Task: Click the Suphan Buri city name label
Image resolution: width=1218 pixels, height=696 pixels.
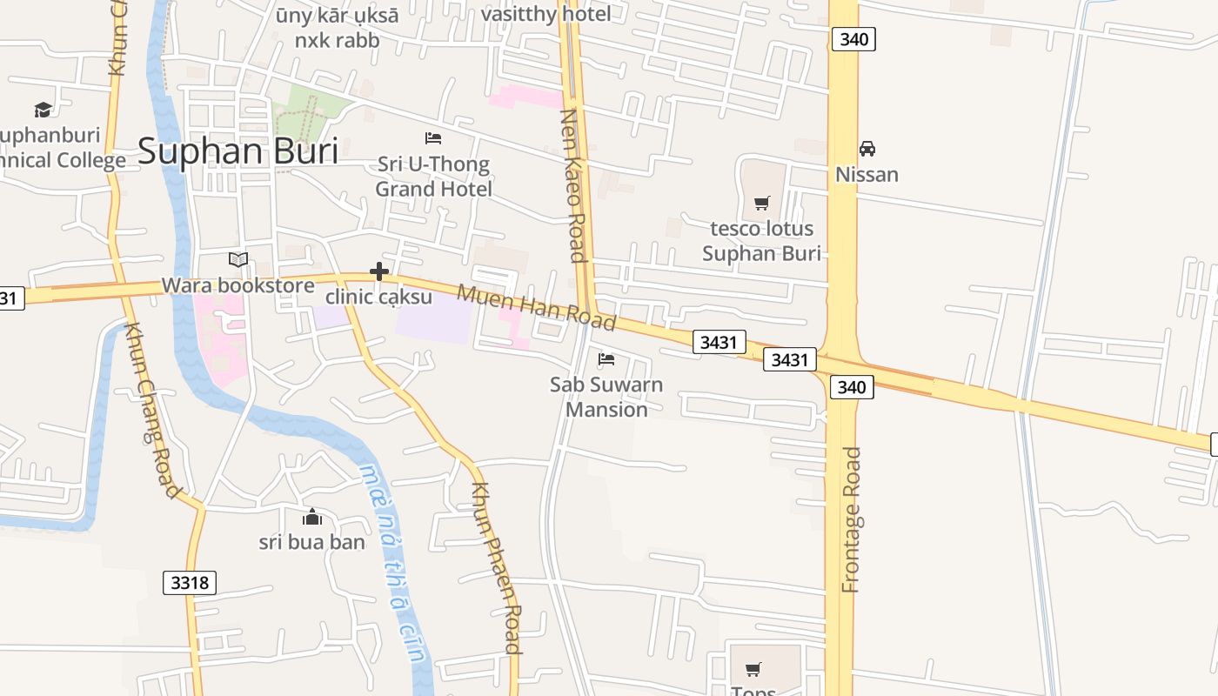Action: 238,151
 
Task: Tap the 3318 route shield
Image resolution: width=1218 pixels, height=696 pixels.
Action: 190,582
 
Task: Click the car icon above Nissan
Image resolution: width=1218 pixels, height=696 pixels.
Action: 867,149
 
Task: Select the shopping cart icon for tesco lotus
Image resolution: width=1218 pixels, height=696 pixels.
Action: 762,204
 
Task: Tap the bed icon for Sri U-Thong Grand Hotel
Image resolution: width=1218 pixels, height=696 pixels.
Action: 433,138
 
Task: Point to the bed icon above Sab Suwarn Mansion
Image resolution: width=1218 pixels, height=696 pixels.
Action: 606,358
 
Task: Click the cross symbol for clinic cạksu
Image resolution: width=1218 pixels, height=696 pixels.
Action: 379,271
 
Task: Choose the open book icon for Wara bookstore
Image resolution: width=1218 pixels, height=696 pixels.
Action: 238,259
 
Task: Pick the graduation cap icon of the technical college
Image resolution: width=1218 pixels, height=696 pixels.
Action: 43,110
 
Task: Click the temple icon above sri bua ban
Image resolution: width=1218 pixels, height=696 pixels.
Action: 312,518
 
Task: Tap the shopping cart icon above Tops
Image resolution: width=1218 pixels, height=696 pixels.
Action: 753,669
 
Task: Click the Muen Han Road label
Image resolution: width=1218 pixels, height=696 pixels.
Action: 537,307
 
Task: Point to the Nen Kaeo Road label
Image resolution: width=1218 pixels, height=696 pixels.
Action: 572,184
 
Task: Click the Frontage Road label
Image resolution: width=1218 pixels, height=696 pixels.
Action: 852,519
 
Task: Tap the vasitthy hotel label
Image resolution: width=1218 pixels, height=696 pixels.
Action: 545,14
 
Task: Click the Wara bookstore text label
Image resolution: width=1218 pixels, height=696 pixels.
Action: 238,285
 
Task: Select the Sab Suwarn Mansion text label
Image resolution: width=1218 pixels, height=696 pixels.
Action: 606,397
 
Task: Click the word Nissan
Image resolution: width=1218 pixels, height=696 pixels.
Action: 867,174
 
